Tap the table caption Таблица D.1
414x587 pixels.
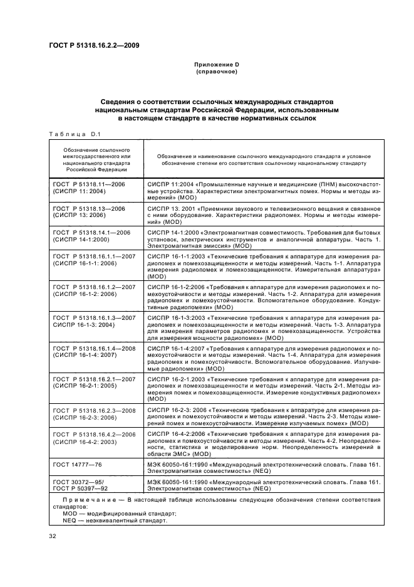click(70, 134)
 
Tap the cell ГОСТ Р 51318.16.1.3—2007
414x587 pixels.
click(95, 318)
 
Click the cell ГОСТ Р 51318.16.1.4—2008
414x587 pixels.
click(95, 348)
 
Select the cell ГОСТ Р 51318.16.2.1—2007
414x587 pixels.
click(95, 379)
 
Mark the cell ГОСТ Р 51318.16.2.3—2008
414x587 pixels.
click(95, 410)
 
